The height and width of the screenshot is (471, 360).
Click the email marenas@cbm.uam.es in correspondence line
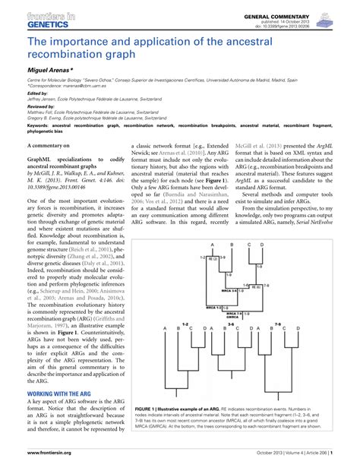[x=80, y=86]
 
